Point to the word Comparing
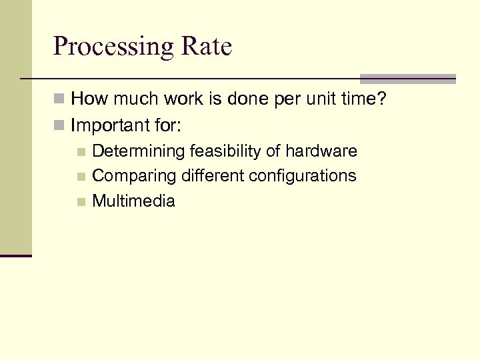[131, 176]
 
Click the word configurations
[303, 176]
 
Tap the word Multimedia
[133, 201]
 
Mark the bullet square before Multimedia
[81, 201]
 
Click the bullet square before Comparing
[81, 177]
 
